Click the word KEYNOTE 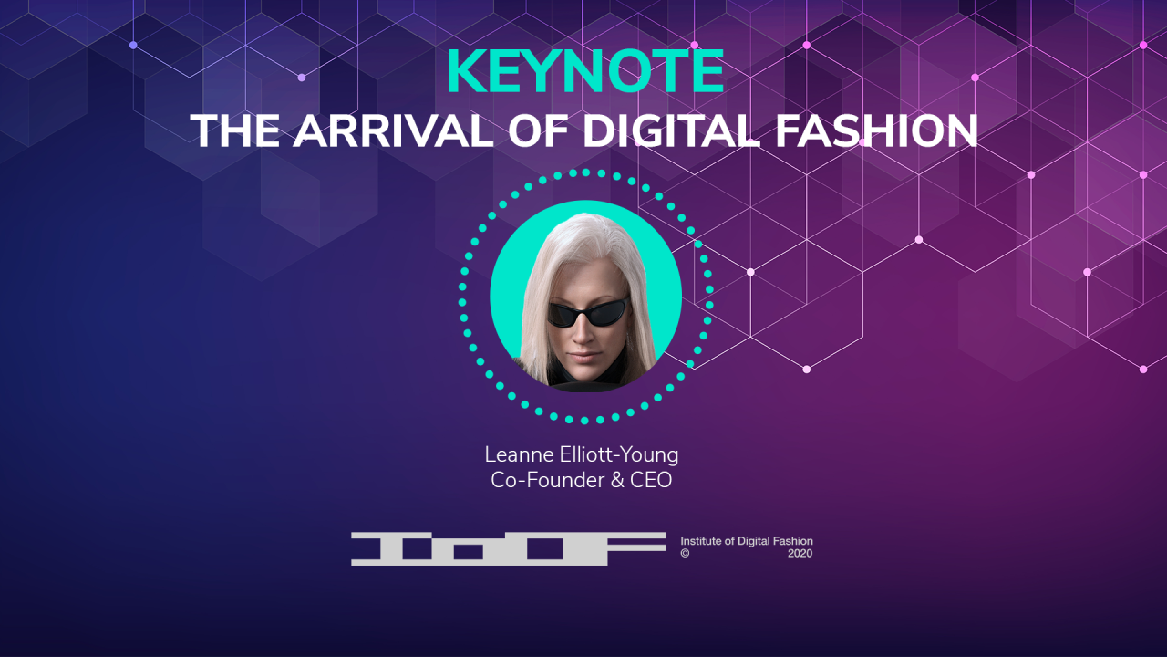tap(585, 71)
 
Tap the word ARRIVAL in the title tap(393, 130)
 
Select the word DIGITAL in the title tap(669, 130)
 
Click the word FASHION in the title tap(876, 130)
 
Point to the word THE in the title tap(234, 130)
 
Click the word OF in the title tap(538, 130)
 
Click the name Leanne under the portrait tap(519, 454)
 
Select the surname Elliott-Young tap(619, 455)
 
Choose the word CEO tap(651, 480)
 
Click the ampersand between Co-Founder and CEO tap(617, 480)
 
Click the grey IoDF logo tap(509, 548)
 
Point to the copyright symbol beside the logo tap(685, 553)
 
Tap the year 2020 tap(800, 553)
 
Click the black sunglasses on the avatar tap(588, 314)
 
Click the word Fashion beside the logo tap(792, 541)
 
